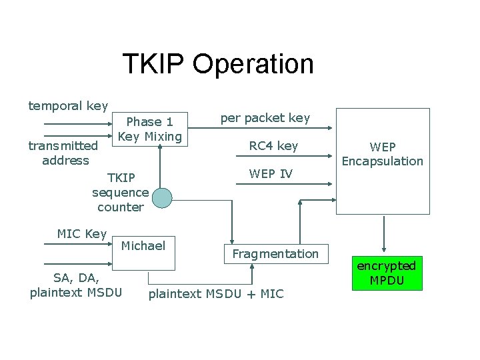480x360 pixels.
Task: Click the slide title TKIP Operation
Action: pos(217,64)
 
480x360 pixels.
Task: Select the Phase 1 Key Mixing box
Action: pos(149,129)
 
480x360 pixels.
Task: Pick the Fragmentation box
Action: pos(275,253)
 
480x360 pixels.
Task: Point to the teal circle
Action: pos(161,197)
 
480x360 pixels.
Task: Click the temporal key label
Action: pos(68,105)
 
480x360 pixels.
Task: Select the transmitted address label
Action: pos(65,153)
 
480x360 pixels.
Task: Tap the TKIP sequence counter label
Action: pos(121,192)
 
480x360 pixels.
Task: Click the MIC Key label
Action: pos(82,233)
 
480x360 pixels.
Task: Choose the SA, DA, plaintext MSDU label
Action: pos(76,285)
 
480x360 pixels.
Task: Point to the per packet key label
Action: pos(265,118)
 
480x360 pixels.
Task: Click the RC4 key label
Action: pos(273,145)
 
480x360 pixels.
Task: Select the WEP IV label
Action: pos(271,173)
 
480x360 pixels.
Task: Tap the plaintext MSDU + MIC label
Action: pos(216,294)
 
